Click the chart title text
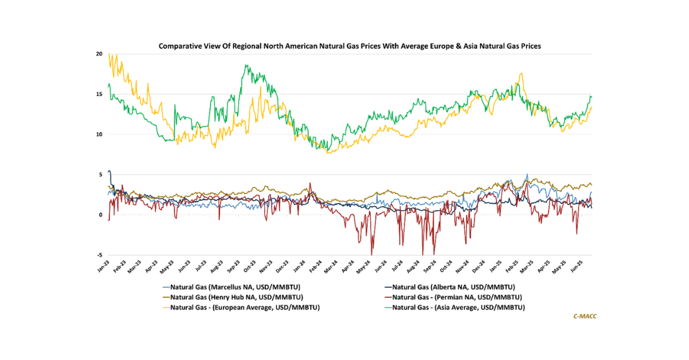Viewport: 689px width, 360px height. click(350, 45)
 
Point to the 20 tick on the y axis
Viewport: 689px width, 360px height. click(99, 54)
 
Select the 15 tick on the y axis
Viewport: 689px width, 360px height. click(99, 94)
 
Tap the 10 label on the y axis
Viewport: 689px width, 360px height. click(99, 134)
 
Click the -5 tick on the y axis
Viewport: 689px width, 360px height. click(100, 256)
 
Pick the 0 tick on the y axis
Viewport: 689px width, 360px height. click(101, 215)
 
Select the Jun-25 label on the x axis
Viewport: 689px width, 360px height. click(578, 266)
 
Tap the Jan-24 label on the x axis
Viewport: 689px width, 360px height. click(299, 266)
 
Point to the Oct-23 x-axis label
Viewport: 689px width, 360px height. click(249, 266)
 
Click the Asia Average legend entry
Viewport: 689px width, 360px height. click(458, 307)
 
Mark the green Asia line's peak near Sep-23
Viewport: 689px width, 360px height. click(246, 65)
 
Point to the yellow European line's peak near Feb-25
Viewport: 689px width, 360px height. click(521, 73)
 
